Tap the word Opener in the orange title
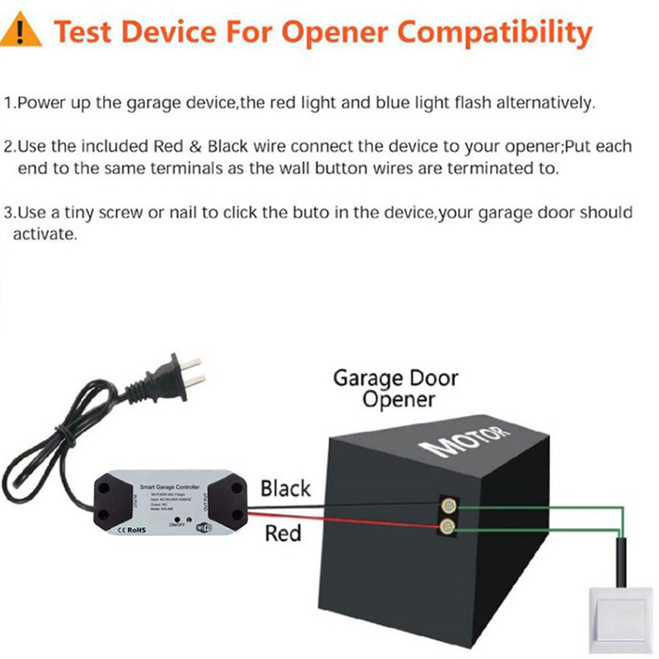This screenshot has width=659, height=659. tap(337, 33)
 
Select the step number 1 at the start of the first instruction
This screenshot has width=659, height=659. tap(7, 104)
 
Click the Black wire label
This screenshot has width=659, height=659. tap(285, 488)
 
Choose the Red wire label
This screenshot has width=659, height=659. tap(282, 534)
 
